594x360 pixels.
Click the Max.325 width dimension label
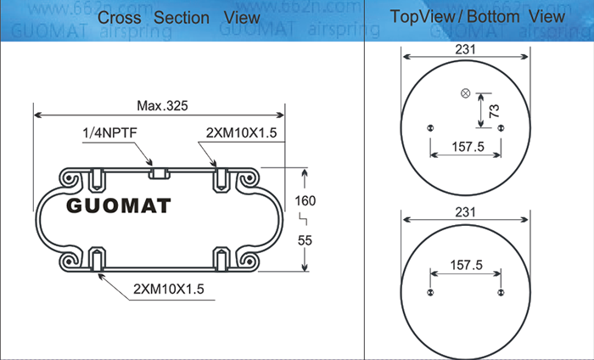point(162,106)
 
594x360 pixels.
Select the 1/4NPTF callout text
point(109,133)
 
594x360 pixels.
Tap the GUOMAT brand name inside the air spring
point(119,205)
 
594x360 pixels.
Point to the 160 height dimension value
point(305,200)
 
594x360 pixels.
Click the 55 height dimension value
point(305,240)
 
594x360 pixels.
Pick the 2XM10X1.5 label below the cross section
point(169,290)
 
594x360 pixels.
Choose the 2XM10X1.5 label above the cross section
point(241,133)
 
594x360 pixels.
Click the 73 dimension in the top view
point(495,110)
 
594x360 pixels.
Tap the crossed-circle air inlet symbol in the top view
point(466,93)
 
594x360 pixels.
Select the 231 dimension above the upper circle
point(465,49)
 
